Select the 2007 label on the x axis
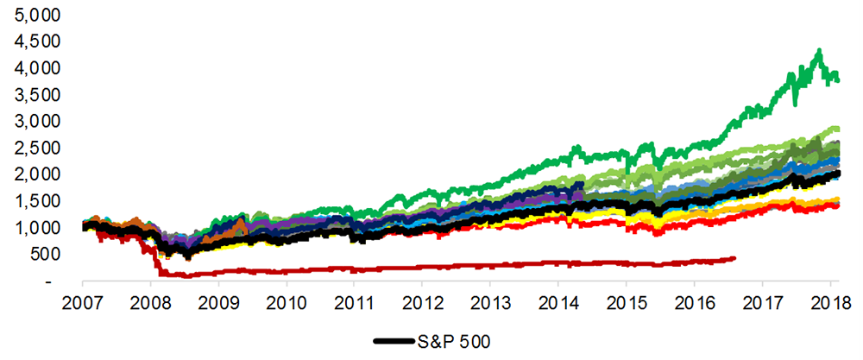[x=84, y=304]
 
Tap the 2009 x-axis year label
[x=218, y=304]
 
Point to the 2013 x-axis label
[x=489, y=304]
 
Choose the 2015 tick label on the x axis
[x=625, y=304]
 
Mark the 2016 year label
[x=693, y=304]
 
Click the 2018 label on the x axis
[x=828, y=304]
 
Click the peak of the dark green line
[x=819, y=50]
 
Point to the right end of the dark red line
[x=734, y=257]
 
